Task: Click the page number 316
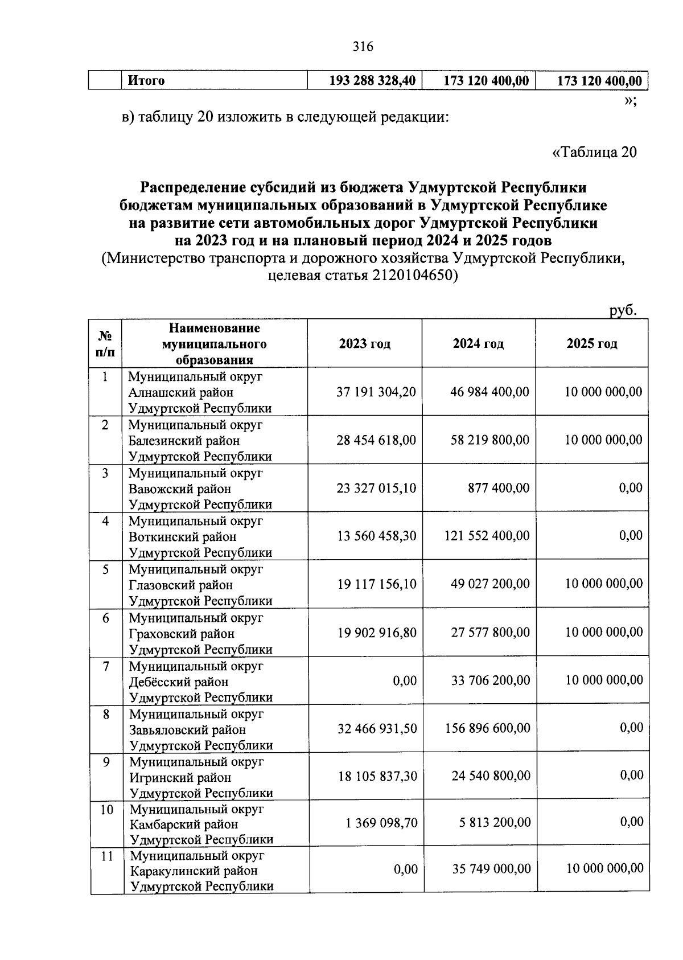(x=363, y=47)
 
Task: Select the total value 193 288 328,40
(x=372, y=81)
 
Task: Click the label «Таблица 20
(x=594, y=152)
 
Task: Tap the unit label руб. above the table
(x=623, y=310)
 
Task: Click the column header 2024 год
(x=478, y=344)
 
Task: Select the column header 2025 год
(x=592, y=344)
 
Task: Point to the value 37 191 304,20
(x=376, y=392)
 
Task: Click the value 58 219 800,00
(x=489, y=440)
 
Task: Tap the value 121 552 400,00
(x=487, y=536)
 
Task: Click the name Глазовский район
(x=180, y=585)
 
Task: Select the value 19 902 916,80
(x=376, y=633)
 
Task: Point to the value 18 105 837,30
(x=377, y=776)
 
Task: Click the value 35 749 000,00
(x=491, y=869)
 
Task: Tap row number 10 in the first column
(x=106, y=810)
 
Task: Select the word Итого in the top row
(x=146, y=81)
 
